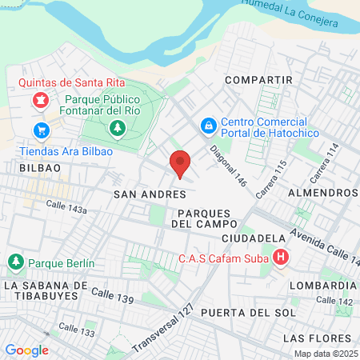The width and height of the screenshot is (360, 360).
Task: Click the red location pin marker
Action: coord(181,163)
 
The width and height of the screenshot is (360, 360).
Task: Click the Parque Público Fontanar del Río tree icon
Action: coord(118,127)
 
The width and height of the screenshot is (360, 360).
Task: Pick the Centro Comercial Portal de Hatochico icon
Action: coord(208,126)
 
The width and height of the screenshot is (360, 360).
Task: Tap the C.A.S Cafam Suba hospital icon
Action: coord(281,258)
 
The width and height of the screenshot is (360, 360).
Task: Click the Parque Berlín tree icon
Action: coord(16,262)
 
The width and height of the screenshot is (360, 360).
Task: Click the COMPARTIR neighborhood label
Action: coord(258,80)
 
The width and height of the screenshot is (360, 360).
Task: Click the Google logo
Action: coord(26,350)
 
